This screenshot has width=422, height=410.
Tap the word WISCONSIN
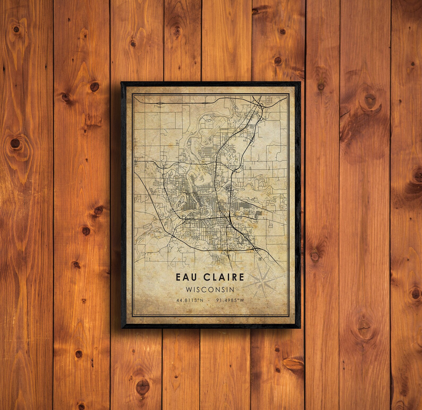pyautogui.click(x=210, y=289)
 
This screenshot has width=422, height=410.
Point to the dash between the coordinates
pyautogui.click(x=210, y=300)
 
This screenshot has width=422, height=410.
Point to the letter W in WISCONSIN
pyautogui.click(x=189, y=289)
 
